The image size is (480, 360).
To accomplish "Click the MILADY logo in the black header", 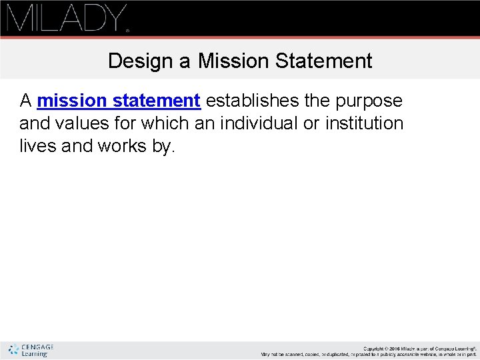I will pyautogui.click(x=66, y=17).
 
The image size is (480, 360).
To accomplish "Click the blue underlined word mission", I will pyautogui.click(x=72, y=101).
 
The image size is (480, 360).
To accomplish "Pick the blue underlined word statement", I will pyautogui.click(x=157, y=101).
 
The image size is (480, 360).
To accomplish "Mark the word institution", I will pyautogui.click(x=364, y=123).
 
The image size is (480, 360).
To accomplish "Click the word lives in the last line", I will pyautogui.click(x=38, y=146).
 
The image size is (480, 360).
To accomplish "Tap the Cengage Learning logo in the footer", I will pyautogui.click(x=31, y=350).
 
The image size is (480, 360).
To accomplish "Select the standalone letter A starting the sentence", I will pyautogui.click(x=26, y=101).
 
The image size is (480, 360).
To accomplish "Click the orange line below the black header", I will pyautogui.click(x=240, y=37).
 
